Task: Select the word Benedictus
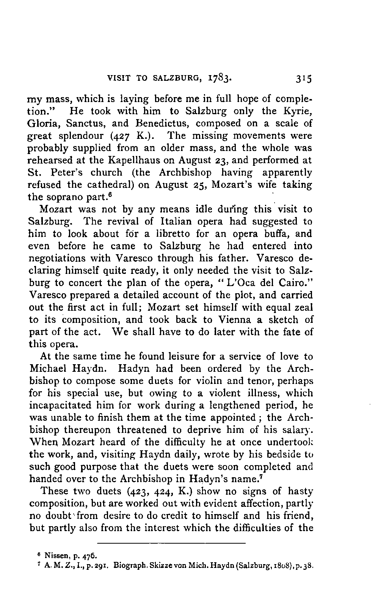pos(160,124)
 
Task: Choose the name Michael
pos(49,369)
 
